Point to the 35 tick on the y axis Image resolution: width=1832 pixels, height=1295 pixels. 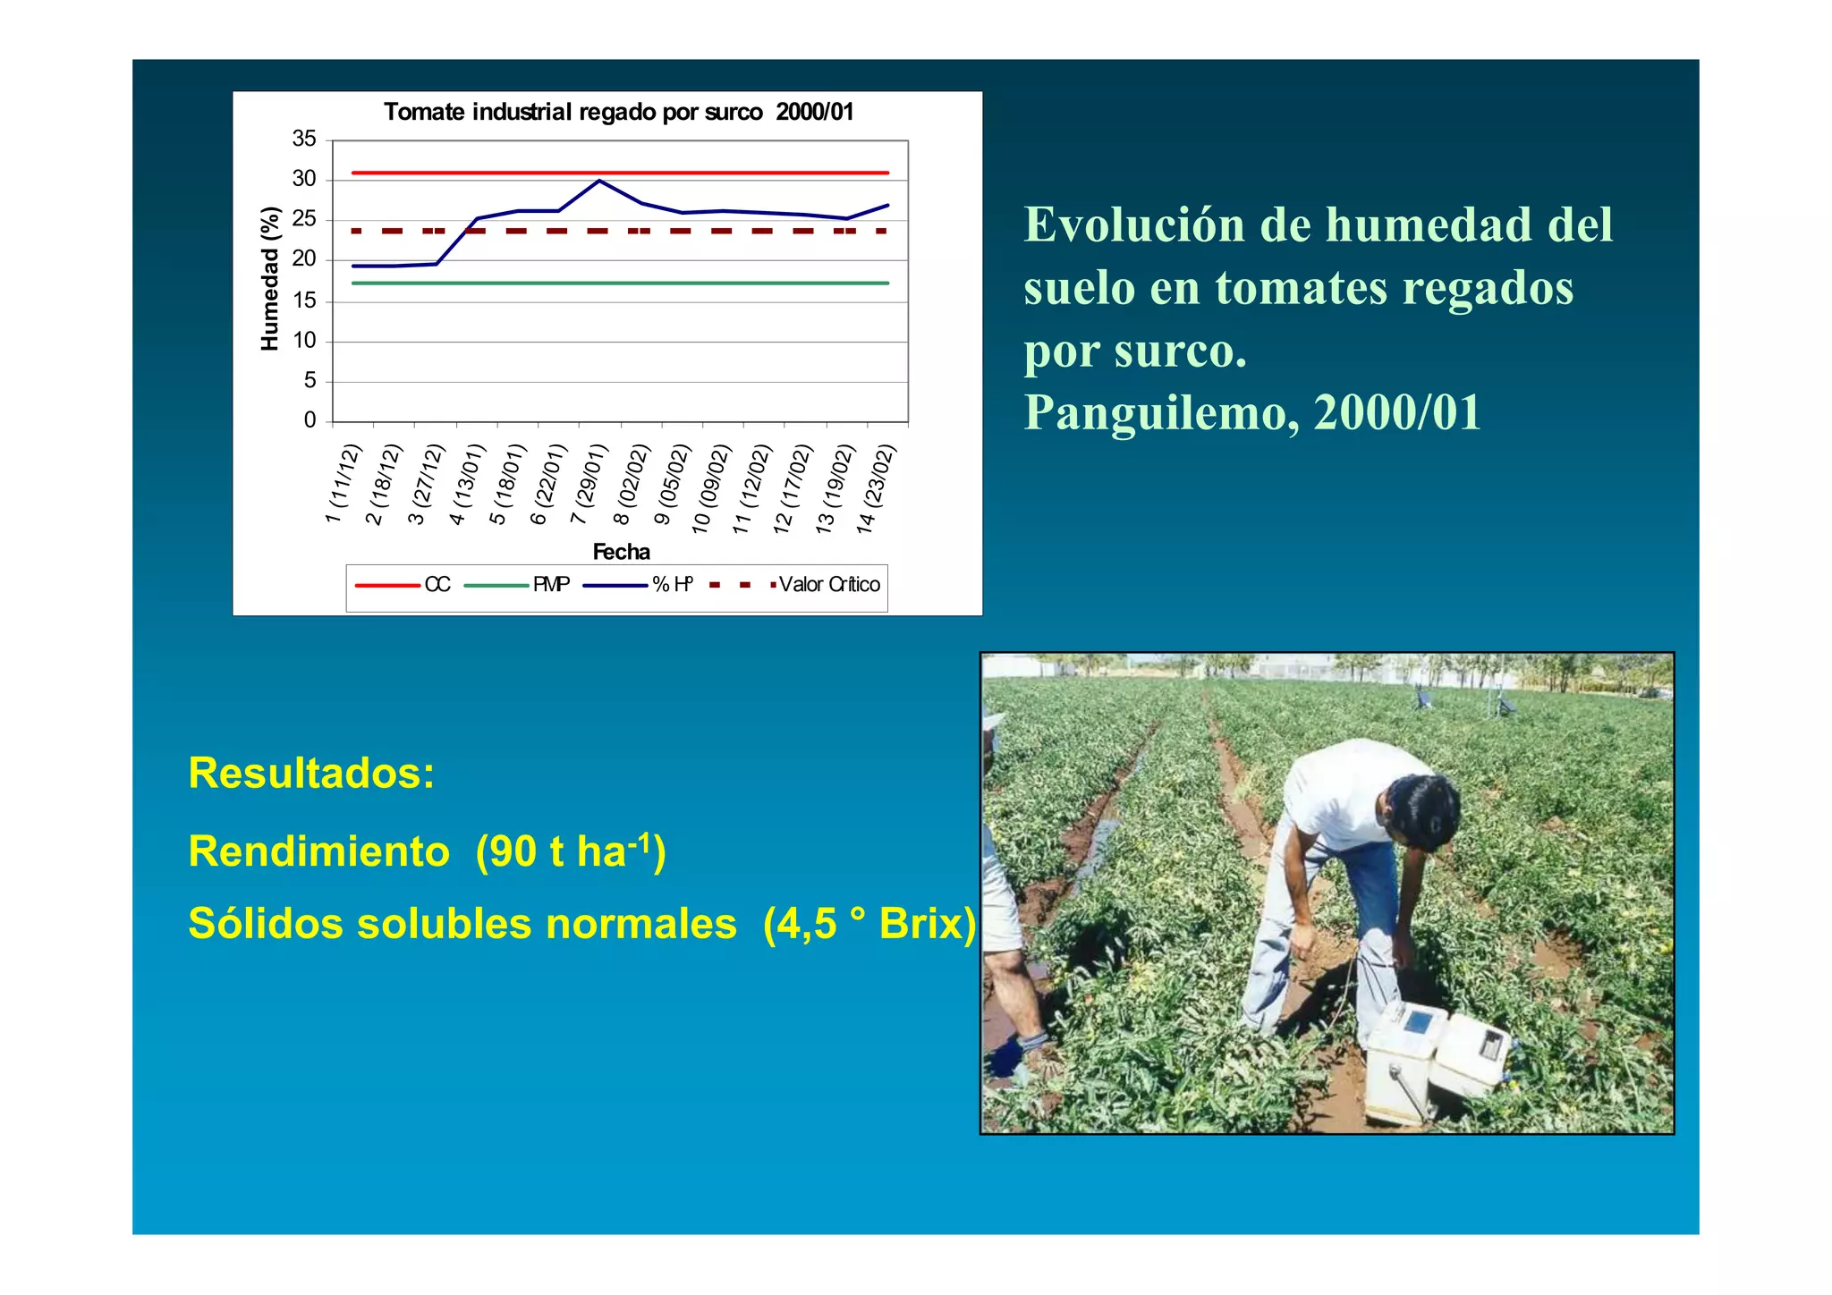[304, 140]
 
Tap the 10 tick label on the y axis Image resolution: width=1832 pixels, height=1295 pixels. [304, 341]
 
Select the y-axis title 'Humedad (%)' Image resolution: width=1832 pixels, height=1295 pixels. [269, 279]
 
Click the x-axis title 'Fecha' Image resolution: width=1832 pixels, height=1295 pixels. [621, 552]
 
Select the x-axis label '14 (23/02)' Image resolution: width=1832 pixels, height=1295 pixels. [876, 489]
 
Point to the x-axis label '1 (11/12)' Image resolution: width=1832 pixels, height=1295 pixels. [343, 484]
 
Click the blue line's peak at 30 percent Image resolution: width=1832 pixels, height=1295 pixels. [599, 181]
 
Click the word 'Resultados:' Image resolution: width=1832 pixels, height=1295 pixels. [311, 773]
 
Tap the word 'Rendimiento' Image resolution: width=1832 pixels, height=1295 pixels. [318, 851]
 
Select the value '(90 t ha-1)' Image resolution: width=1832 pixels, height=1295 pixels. [571, 851]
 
